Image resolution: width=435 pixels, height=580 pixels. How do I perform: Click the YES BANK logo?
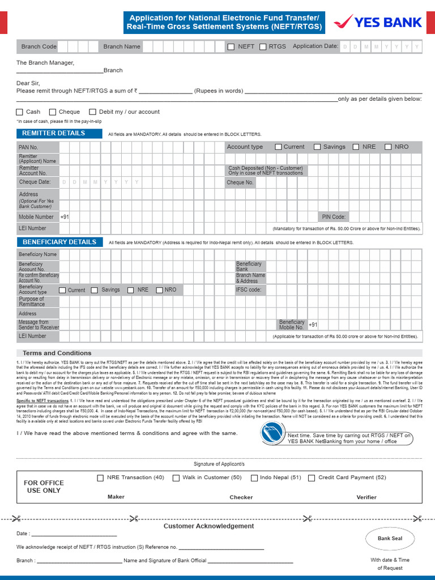click(x=378, y=23)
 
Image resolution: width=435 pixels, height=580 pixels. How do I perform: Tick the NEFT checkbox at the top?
click(x=231, y=47)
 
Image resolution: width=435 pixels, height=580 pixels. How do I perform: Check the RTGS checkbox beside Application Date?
click(x=263, y=47)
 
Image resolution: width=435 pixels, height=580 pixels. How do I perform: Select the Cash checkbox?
click(x=20, y=112)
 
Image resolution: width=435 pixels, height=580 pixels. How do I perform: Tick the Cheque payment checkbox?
click(x=53, y=112)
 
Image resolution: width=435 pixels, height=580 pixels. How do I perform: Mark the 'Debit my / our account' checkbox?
click(x=93, y=112)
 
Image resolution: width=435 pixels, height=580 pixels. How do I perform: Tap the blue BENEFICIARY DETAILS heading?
click(x=59, y=242)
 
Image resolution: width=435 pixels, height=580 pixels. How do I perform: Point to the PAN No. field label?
click(x=28, y=147)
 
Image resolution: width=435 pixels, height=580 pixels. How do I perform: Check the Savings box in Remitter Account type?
click(x=317, y=147)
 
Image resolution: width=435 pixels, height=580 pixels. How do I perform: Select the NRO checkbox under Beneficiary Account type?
click(x=159, y=290)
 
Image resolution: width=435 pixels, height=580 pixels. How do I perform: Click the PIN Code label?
click(x=334, y=217)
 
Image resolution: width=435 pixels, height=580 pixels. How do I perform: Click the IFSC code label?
click(x=249, y=289)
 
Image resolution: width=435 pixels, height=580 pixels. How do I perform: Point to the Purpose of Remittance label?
click(x=31, y=302)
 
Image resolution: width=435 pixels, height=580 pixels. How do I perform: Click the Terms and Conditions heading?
click(x=57, y=353)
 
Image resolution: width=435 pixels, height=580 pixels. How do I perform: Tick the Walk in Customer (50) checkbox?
click(x=176, y=478)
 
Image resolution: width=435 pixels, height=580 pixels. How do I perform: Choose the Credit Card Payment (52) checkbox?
click(x=312, y=478)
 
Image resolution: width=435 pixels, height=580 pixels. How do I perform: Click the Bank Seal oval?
click(x=390, y=538)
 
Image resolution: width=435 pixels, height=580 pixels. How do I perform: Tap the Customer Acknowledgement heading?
click(x=208, y=526)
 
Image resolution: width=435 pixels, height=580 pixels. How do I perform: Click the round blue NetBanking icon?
click(x=272, y=433)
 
